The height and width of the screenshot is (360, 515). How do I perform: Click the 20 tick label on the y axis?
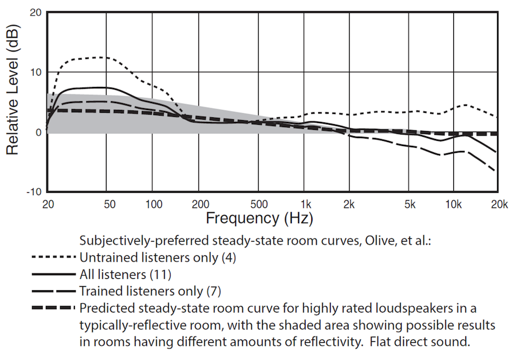[35, 13]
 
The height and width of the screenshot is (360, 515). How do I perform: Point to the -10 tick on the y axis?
[33, 191]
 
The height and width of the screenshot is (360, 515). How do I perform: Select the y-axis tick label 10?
[35, 72]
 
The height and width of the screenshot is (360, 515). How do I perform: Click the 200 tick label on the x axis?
[199, 204]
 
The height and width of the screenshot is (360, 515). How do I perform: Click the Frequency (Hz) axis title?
[260, 218]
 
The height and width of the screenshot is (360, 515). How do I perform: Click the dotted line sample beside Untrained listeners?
[55, 257]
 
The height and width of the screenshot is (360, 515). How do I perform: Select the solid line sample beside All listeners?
[55, 274]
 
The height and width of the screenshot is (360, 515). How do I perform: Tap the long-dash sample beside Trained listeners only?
[55, 290]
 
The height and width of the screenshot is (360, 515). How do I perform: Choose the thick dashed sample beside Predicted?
[55, 307]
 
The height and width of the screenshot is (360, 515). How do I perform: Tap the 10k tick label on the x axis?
[454, 204]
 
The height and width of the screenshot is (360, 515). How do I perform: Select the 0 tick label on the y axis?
[38, 132]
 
